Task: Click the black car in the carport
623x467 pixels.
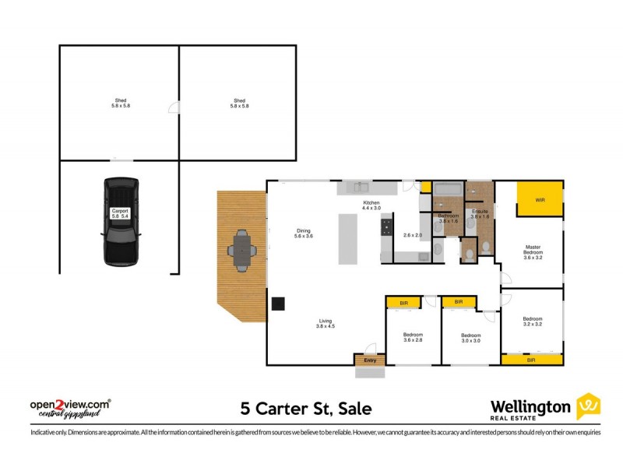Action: [120, 222]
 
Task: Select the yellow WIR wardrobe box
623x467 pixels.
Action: [540, 199]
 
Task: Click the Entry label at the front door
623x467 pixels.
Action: [370, 360]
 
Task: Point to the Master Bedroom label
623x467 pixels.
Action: [532, 253]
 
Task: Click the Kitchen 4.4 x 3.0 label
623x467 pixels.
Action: [371, 205]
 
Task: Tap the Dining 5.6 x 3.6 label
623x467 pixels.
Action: [303, 233]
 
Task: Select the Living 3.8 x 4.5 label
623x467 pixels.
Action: [325, 324]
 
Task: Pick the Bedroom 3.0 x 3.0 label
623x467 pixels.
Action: [470, 339]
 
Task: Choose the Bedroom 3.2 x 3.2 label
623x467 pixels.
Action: [532, 321]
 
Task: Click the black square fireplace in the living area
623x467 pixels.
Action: [279, 304]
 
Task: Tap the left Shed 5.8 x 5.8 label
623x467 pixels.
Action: [120, 103]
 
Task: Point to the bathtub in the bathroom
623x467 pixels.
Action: [448, 189]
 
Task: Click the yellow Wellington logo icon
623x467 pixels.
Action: [588, 406]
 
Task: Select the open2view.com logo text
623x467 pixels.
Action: [70, 405]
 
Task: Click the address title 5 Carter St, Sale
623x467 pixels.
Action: [305, 408]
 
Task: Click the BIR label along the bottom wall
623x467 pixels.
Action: [531, 360]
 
